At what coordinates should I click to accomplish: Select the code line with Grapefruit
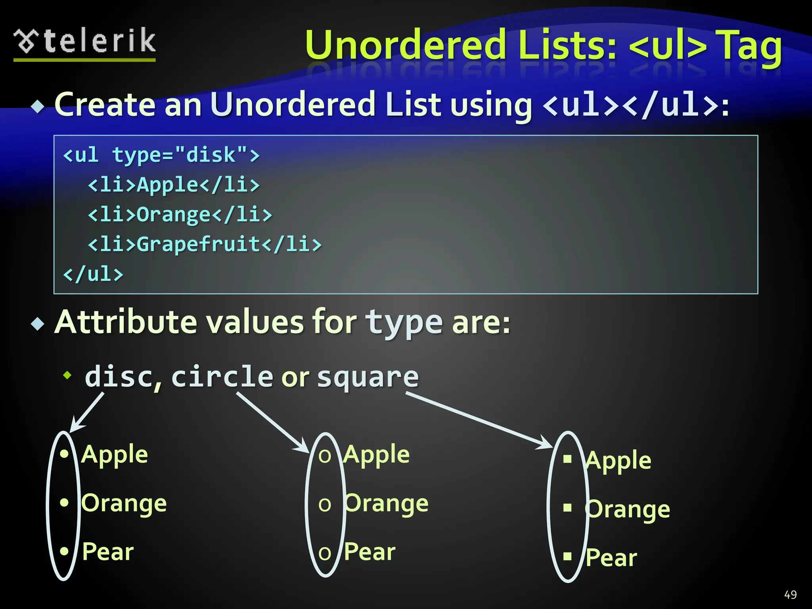point(205,244)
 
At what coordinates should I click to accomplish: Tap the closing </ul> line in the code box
point(94,274)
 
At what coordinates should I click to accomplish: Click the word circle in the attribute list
point(222,376)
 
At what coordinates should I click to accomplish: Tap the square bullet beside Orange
point(567,507)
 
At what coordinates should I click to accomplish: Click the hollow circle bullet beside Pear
point(325,553)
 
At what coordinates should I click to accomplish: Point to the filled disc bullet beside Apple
point(64,454)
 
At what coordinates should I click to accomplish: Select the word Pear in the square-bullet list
point(611,558)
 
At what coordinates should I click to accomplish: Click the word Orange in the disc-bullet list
point(124,504)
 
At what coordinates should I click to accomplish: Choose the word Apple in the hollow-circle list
point(377,454)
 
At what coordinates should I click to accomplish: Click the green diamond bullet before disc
point(68,375)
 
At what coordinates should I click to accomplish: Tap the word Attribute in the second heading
point(126,322)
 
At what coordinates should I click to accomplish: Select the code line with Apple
point(174,185)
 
